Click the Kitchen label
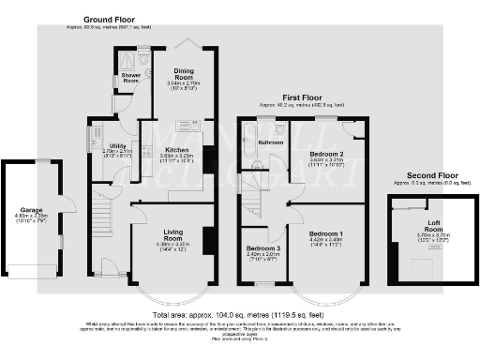(178, 149)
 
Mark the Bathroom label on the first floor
(272, 142)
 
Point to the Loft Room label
(432, 224)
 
